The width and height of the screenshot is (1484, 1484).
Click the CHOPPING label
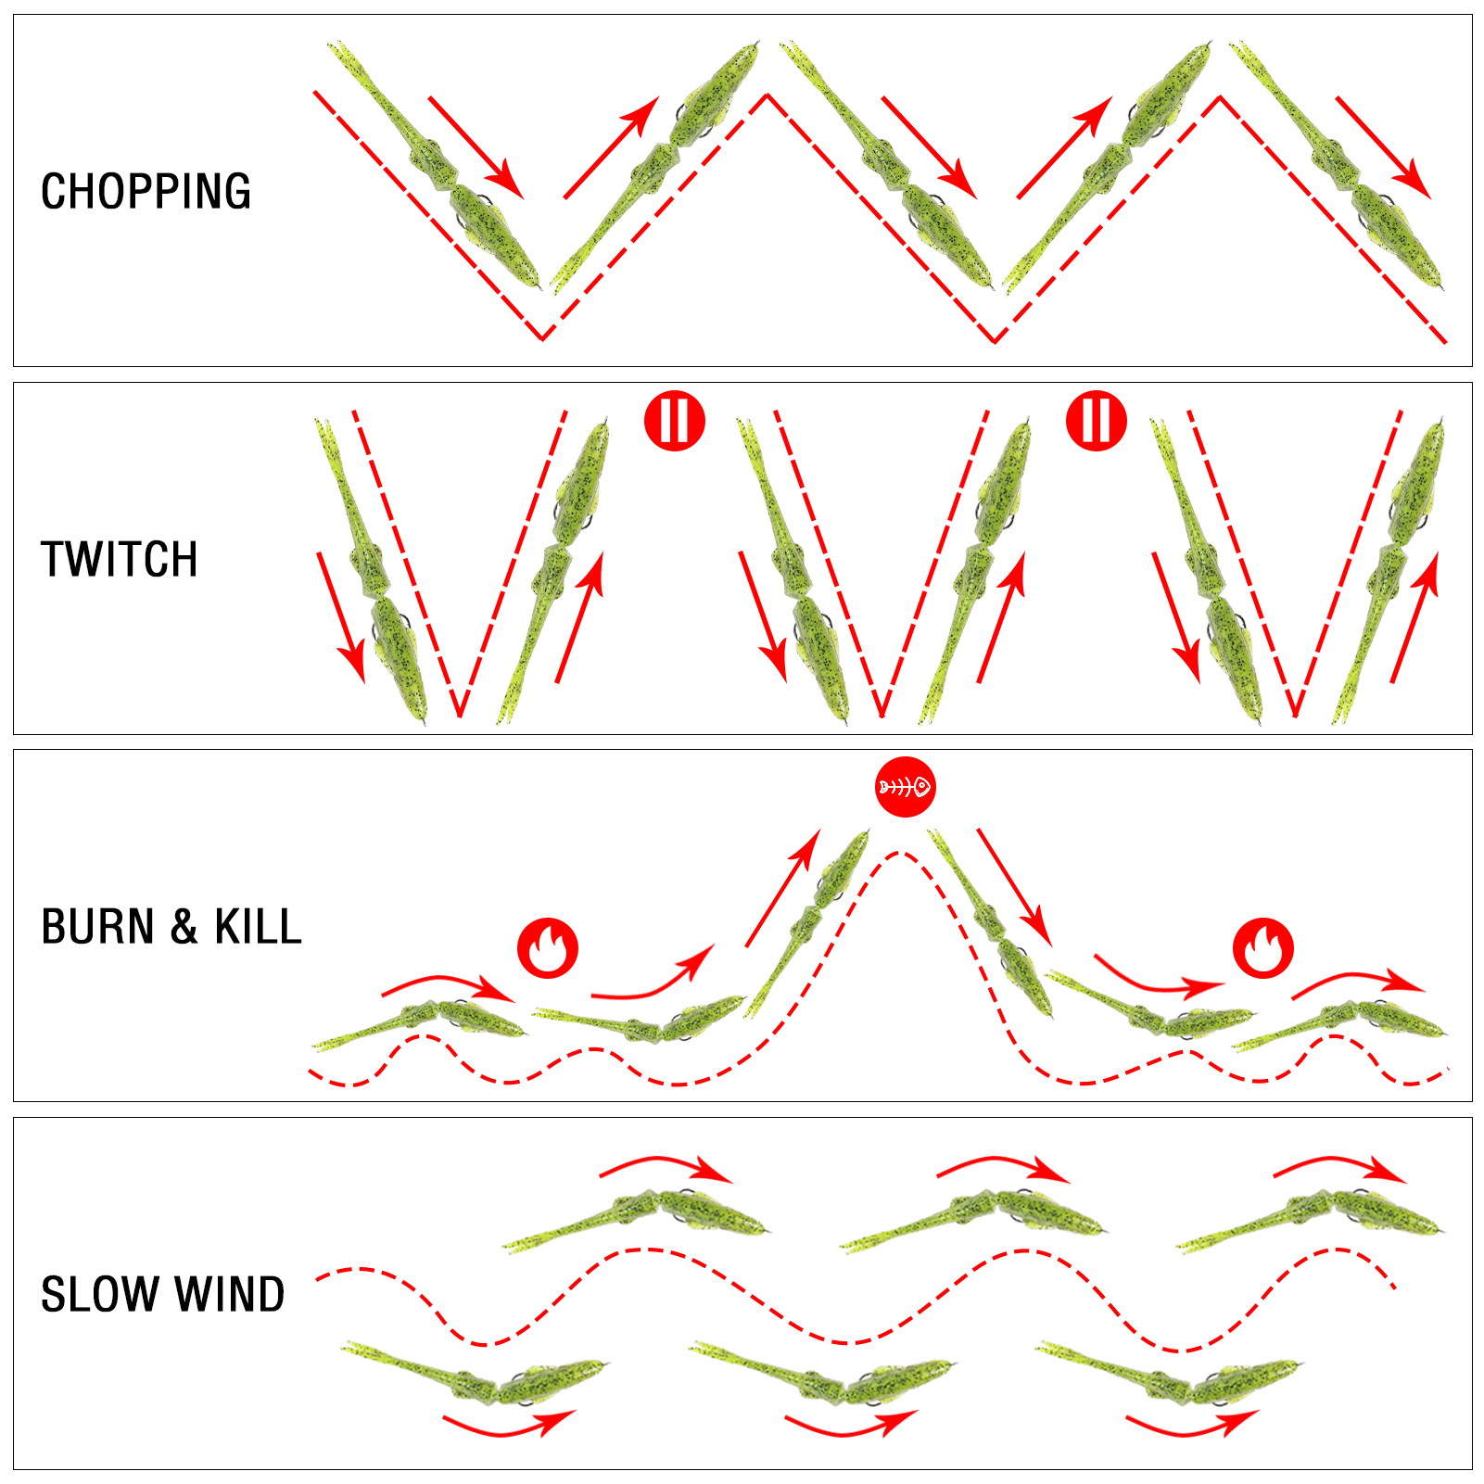146,192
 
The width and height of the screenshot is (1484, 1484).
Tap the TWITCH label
120,560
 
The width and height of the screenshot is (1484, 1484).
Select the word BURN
97,927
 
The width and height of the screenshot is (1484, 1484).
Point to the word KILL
259,927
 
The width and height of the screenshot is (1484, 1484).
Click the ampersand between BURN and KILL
184,927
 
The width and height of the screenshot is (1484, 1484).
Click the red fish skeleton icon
906,787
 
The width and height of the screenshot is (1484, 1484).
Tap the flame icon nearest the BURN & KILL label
548,948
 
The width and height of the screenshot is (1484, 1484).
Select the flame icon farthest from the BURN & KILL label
1262,948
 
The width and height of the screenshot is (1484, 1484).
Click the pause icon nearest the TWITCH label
675,421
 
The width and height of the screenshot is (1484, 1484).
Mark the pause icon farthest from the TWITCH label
1097,421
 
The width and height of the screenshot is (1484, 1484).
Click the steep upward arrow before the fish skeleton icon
783,888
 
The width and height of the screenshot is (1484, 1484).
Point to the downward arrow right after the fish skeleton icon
1015,888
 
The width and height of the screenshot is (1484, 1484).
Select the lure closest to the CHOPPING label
435,165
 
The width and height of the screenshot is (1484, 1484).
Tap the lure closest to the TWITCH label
371,570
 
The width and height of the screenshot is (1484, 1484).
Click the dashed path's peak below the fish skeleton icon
897,853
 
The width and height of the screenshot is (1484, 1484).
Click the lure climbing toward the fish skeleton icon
806,923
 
